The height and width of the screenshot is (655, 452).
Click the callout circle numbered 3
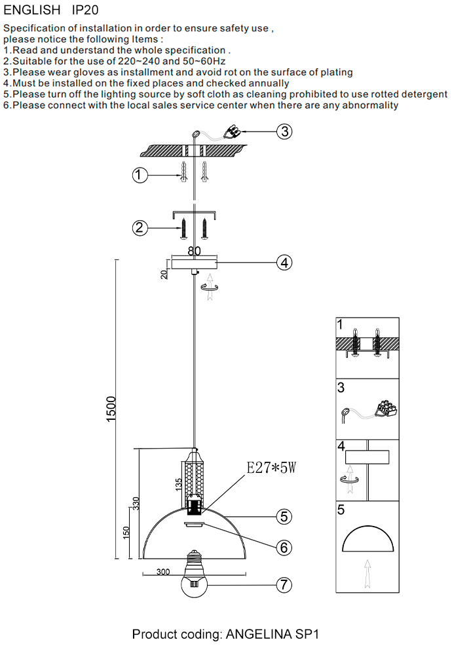pyautogui.click(x=283, y=132)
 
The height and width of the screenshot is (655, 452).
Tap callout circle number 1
pyautogui.click(x=139, y=176)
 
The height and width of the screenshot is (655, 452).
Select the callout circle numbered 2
pyautogui.click(x=139, y=228)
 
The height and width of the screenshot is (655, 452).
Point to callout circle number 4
pyautogui.click(x=283, y=263)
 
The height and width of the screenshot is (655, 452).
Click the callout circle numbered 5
pyautogui.click(x=283, y=516)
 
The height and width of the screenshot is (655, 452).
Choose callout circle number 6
pyautogui.click(x=283, y=547)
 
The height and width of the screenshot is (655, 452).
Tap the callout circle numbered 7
pyautogui.click(x=283, y=585)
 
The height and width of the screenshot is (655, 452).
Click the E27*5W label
pyautogui.click(x=271, y=468)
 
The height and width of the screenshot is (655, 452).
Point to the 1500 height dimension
pyautogui.click(x=111, y=409)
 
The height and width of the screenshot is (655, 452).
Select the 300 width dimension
pyautogui.click(x=167, y=572)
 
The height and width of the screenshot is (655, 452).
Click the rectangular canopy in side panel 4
pyautogui.click(x=367, y=457)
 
